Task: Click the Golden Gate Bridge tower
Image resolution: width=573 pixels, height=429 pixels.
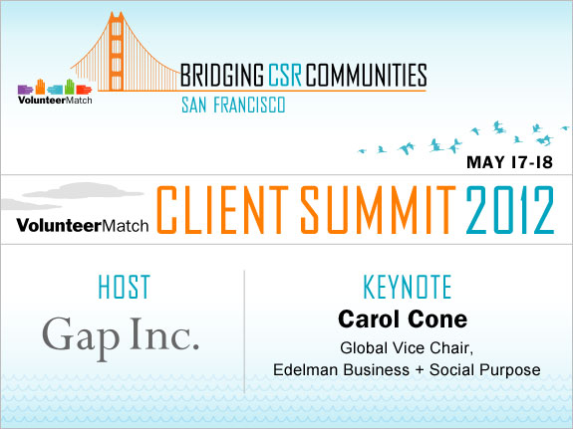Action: [117, 51]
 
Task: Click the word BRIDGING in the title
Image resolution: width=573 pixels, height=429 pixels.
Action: [222, 75]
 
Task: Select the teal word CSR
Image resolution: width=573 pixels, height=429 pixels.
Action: [285, 75]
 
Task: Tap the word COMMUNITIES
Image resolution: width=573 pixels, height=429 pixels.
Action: [366, 75]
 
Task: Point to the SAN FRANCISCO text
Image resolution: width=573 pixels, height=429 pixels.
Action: [233, 106]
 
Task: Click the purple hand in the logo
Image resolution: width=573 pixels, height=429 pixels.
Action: [25, 90]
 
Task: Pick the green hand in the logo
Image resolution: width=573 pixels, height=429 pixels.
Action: [70, 87]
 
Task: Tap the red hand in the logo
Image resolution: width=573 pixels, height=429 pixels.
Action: [84, 90]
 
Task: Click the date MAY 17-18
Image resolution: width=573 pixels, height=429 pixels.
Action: [510, 162]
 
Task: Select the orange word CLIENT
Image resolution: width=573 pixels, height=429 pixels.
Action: [222, 210]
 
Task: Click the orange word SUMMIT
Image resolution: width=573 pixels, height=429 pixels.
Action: [379, 210]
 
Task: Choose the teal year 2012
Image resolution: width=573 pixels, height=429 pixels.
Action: [510, 210]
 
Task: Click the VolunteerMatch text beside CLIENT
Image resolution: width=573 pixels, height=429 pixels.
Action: [83, 225]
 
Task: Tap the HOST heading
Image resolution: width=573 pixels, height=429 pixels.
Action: [125, 287]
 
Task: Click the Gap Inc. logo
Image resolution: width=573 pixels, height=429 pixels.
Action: [121, 337]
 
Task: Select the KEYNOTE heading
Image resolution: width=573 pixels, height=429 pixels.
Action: [408, 287]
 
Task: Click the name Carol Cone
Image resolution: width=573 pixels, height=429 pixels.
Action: [403, 320]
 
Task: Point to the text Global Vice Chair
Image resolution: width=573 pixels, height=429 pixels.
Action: [407, 348]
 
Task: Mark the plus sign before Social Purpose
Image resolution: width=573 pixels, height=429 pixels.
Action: [420, 370]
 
